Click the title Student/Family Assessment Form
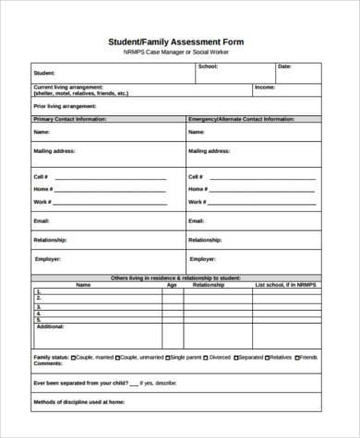(179, 41)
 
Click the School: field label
(208, 66)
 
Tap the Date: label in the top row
(284, 66)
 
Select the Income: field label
(265, 88)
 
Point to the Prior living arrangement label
(58, 105)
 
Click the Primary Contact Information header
(69, 120)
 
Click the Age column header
(171, 285)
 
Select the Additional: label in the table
(50, 326)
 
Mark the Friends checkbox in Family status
(295, 356)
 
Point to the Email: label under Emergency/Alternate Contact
(196, 221)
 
